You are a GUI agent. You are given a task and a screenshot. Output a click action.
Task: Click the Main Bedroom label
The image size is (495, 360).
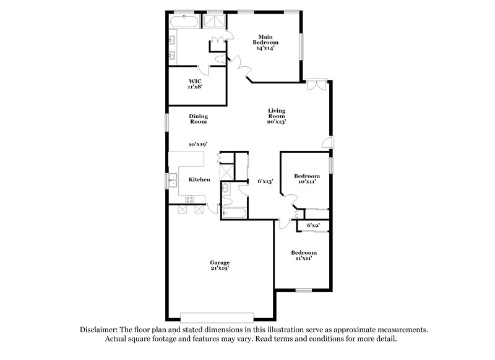268,42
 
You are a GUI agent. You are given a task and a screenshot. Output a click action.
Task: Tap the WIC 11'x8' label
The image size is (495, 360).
196,83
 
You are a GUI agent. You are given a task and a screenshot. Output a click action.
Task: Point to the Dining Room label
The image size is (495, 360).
198,119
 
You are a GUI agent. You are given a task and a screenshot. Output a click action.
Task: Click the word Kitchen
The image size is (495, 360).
199,179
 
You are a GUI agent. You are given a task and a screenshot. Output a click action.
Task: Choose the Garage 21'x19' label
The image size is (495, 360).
215,265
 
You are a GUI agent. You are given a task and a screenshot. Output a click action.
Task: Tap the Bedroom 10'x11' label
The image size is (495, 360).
307,179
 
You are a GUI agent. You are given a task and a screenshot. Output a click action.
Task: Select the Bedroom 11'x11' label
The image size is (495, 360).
304,255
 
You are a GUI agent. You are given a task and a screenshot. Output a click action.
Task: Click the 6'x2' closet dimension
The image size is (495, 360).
313,226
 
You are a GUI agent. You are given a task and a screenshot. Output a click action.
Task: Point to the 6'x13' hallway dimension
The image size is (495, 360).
265,181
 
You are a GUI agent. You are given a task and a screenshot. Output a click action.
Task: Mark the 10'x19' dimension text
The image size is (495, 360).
198,144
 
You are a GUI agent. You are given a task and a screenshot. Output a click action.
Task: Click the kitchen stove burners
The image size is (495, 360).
189,199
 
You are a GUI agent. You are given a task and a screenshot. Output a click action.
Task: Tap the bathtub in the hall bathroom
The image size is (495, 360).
234,215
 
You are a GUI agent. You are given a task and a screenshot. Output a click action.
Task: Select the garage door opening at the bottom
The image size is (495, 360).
216,314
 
